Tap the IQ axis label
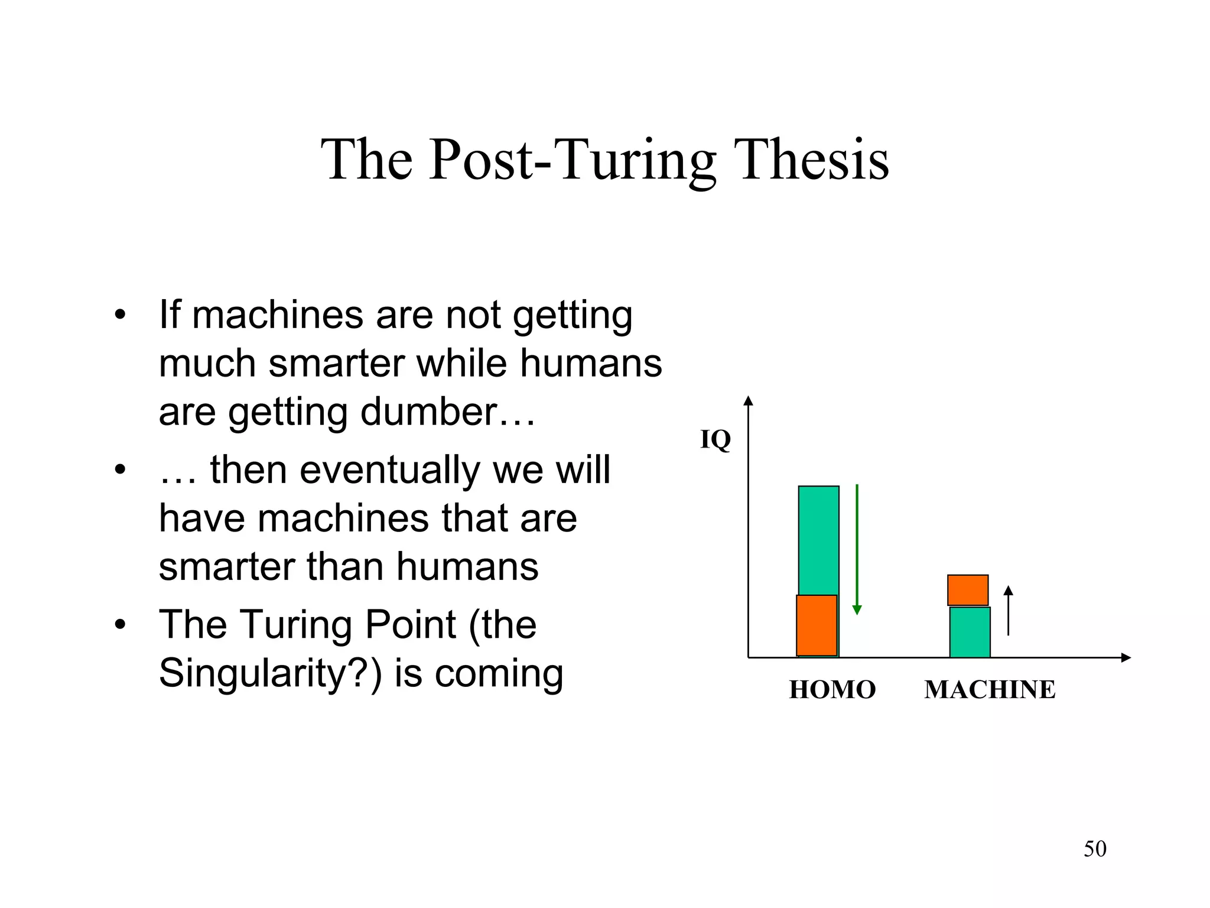point(715,440)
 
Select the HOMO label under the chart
point(832,690)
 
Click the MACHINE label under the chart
point(990,690)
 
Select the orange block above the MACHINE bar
point(968,590)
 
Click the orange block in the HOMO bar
point(817,625)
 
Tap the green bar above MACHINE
point(970,632)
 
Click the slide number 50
point(1095,849)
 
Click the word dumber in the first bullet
point(429,411)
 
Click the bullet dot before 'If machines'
point(121,315)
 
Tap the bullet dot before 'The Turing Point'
point(121,625)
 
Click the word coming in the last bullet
point(499,674)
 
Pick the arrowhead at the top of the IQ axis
point(749,401)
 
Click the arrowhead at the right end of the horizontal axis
point(1126,657)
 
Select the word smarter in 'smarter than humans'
point(227,567)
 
